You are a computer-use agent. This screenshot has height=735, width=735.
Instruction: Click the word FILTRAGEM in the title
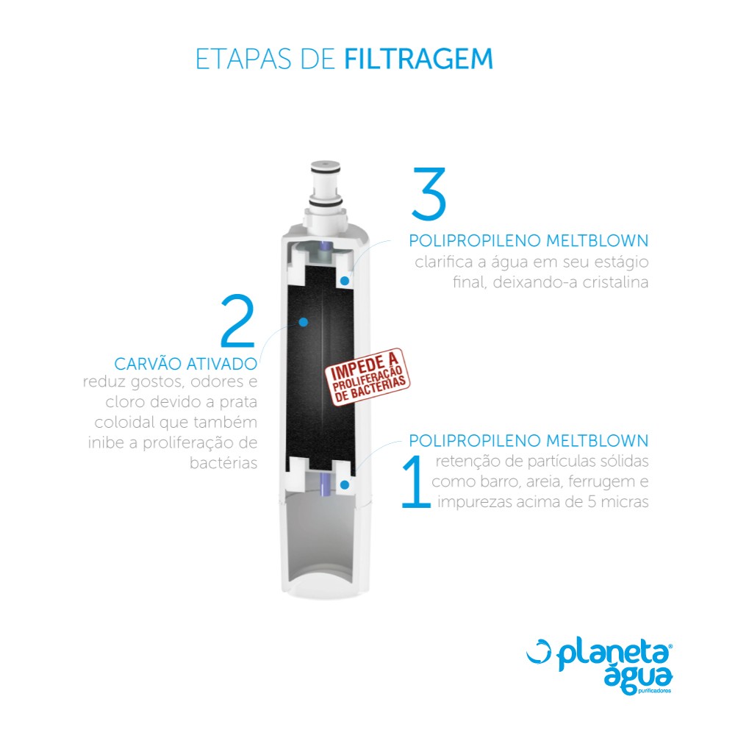tap(419, 59)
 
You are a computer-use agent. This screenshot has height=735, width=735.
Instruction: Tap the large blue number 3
tap(429, 193)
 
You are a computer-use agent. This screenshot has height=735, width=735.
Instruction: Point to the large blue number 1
tap(416, 481)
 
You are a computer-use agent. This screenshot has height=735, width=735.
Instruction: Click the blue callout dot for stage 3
tap(345, 280)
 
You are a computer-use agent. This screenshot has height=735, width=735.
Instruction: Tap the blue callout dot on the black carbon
tap(304, 322)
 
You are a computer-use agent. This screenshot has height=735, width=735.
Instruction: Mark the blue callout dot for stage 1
tap(345, 484)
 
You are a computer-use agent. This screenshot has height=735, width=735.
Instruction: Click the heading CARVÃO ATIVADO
tap(186, 363)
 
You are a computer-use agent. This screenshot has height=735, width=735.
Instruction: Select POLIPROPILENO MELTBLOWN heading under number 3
tap(528, 240)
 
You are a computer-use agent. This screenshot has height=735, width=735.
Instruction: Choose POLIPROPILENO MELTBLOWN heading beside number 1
tap(528, 440)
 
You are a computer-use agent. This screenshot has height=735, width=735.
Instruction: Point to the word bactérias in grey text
tap(223, 463)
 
